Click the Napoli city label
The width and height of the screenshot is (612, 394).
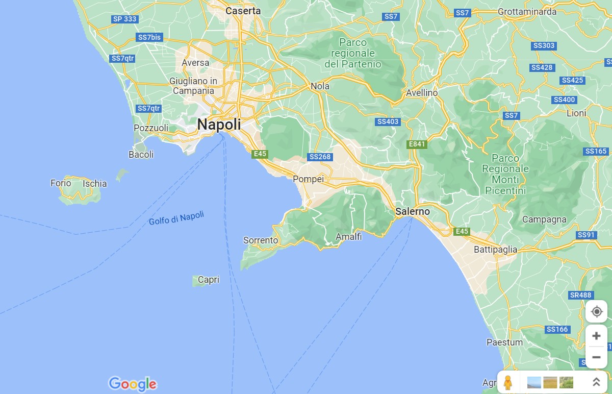coord(219,124)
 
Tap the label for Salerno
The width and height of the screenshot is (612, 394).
coord(413,211)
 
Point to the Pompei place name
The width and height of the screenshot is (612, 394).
coord(308,179)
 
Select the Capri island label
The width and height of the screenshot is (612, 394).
coord(208,280)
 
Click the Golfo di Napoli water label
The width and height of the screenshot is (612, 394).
coord(176,218)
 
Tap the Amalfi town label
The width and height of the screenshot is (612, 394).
coord(349,237)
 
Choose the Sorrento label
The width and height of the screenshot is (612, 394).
coord(261,240)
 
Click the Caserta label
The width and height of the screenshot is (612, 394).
coord(243,11)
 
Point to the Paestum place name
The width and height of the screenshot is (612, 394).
coord(504,342)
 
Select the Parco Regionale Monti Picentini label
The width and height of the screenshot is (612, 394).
coord(505,175)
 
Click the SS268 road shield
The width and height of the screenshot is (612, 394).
coord(320,157)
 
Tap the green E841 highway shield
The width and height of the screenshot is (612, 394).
coord(417,144)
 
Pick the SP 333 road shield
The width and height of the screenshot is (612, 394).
coord(124,19)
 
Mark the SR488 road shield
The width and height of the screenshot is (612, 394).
coord(581,295)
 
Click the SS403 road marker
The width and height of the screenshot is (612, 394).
coord(388,121)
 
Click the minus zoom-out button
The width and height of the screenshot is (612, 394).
coord(596,357)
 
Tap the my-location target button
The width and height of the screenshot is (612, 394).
coord(596,311)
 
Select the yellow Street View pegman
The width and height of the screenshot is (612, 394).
coord(507,382)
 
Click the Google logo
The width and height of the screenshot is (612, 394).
coord(133,384)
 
